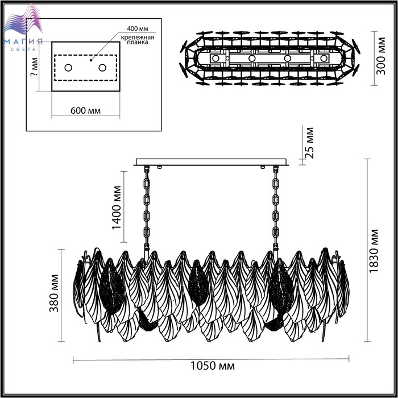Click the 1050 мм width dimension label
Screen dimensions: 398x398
213,366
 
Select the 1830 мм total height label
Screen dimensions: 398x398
374,251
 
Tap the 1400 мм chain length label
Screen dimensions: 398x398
117,208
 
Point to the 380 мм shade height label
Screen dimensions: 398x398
54,293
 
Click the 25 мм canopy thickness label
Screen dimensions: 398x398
309,143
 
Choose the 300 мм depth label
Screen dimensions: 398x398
380,56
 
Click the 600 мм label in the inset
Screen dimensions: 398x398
85,111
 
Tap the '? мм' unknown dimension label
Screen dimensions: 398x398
34,67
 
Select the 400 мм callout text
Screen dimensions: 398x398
138,28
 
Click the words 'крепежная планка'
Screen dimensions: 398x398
138,40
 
